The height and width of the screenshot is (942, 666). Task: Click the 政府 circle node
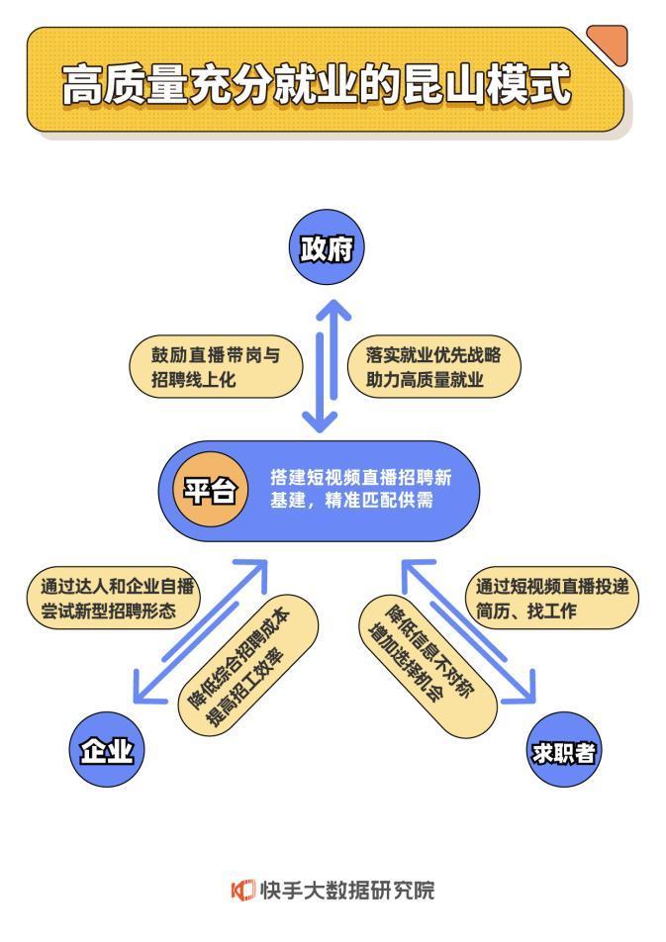click(x=327, y=248)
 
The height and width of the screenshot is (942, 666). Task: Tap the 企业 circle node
click(x=107, y=751)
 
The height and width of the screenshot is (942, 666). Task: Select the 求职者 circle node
click(x=563, y=752)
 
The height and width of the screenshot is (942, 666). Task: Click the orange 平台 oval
click(x=210, y=490)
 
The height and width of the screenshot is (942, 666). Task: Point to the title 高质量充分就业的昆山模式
click(x=317, y=86)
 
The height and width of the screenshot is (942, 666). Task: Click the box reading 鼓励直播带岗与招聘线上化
click(x=215, y=368)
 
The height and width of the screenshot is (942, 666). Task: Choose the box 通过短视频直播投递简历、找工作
click(x=551, y=598)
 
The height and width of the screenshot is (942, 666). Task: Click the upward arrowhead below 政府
click(x=334, y=309)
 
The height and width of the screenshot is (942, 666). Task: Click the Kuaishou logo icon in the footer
click(x=242, y=890)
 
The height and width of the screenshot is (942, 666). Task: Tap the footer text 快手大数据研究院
click(x=346, y=890)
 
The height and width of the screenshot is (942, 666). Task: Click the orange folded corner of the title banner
click(x=610, y=43)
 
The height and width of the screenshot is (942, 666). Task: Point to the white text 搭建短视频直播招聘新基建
click(x=360, y=489)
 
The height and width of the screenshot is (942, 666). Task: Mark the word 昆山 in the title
click(x=440, y=86)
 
